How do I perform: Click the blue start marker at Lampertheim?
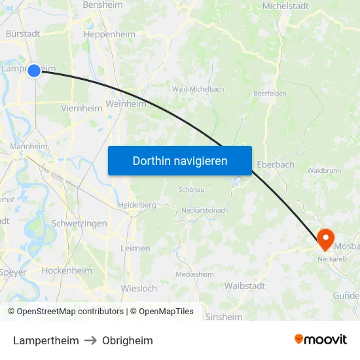(34, 69)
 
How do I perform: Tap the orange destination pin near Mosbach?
(325, 238)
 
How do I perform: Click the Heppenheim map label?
(109, 35)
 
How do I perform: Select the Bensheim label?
(103, 5)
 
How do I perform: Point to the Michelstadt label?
(285, 6)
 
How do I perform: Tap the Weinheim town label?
(126, 103)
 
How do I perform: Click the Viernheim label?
(81, 109)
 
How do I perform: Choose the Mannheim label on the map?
(27, 147)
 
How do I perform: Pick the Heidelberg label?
(137, 205)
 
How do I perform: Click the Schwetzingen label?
(79, 223)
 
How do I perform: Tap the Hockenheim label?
(67, 270)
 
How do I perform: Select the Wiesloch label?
(139, 288)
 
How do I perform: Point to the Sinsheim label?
(224, 317)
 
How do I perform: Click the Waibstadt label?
(244, 285)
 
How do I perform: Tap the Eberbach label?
(276, 164)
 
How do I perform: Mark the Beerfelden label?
(270, 94)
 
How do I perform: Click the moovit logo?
(321, 340)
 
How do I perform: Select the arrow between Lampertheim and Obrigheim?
(90, 340)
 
